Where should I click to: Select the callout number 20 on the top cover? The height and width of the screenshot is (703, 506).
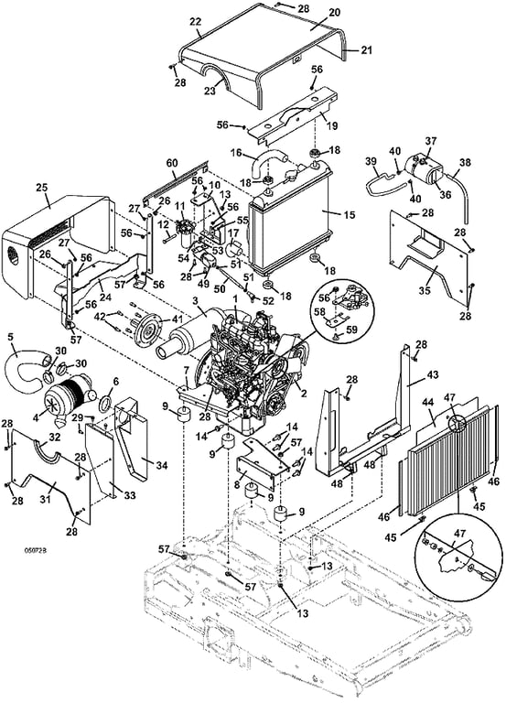coord(335,13)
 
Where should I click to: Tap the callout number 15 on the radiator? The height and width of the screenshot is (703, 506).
coord(350,216)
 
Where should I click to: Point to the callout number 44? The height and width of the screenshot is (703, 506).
coord(428,403)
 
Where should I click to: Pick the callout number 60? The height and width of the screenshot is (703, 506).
coord(173,162)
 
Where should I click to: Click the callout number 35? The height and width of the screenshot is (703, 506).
coord(425,290)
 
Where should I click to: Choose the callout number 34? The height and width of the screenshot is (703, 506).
coord(161,466)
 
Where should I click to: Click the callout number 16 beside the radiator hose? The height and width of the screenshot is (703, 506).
coord(237,154)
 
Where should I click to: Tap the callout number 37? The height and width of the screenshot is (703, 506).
coord(431,141)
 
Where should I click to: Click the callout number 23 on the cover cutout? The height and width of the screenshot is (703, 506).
coord(210,91)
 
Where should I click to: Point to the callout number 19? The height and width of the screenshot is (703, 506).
coord(332,125)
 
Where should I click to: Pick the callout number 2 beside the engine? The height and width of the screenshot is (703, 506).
coord(304,395)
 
